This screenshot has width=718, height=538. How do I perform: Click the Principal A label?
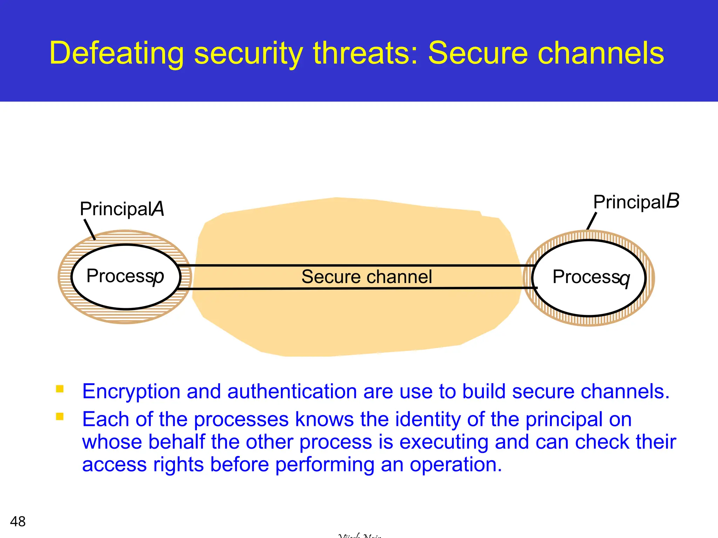[122, 209]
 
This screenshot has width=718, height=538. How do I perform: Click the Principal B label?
[636, 202]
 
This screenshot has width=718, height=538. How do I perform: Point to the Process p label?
[125, 276]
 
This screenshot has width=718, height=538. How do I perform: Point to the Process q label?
[591, 278]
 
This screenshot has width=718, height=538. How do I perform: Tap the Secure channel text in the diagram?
[366, 277]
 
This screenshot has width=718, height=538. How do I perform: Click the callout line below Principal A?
[90, 230]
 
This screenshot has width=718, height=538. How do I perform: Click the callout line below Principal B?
[592, 221]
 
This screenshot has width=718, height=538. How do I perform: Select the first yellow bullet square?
[60, 389]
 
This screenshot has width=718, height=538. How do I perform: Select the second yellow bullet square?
[60, 416]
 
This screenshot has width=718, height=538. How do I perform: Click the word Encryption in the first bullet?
[131, 392]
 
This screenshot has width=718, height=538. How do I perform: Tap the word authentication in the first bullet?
[292, 392]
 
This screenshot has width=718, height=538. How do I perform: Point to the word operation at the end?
[456, 465]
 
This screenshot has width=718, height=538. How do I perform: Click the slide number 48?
[18, 522]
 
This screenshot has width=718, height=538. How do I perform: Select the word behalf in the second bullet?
[177, 442]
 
